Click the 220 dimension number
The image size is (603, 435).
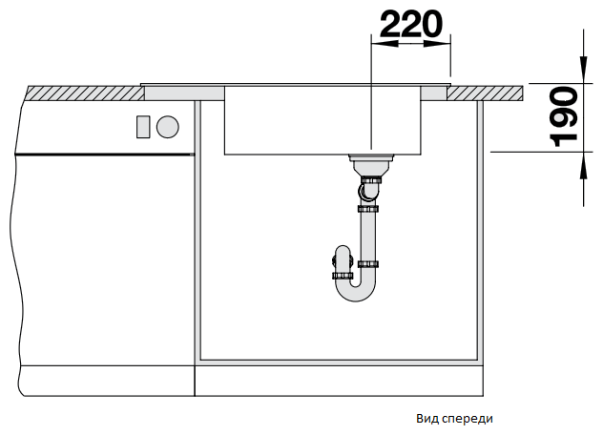coord(411,24)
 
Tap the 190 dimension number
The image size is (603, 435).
coord(565,117)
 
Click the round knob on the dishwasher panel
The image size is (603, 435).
coord(168,127)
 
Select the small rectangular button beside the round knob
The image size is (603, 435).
coord(143,127)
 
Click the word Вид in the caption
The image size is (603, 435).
coord(427,419)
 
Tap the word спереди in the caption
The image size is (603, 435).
coord(468,419)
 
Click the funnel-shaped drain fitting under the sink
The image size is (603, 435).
coord(371,165)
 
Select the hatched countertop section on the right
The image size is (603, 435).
coord(485,93)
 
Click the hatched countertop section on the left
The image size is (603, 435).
coord(84,93)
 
